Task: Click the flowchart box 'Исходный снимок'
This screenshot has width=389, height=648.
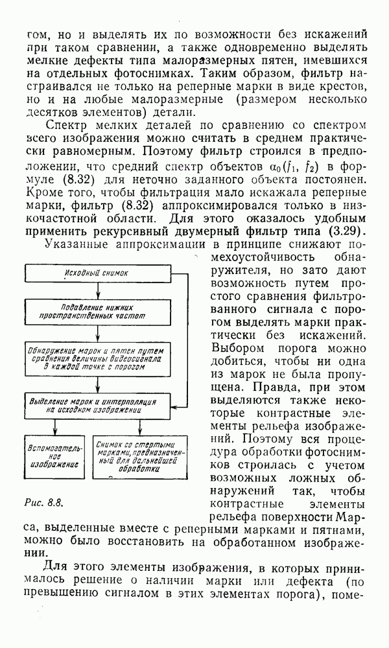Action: pyautogui.click(x=98, y=274)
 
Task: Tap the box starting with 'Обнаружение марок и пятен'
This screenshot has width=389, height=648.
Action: pyautogui.click(x=98, y=357)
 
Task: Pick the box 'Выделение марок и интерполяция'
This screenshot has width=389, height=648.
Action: pyautogui.click(x=98, y=404)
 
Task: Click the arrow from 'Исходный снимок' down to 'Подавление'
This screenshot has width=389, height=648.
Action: pyautogui.click(x=98, y=290)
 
